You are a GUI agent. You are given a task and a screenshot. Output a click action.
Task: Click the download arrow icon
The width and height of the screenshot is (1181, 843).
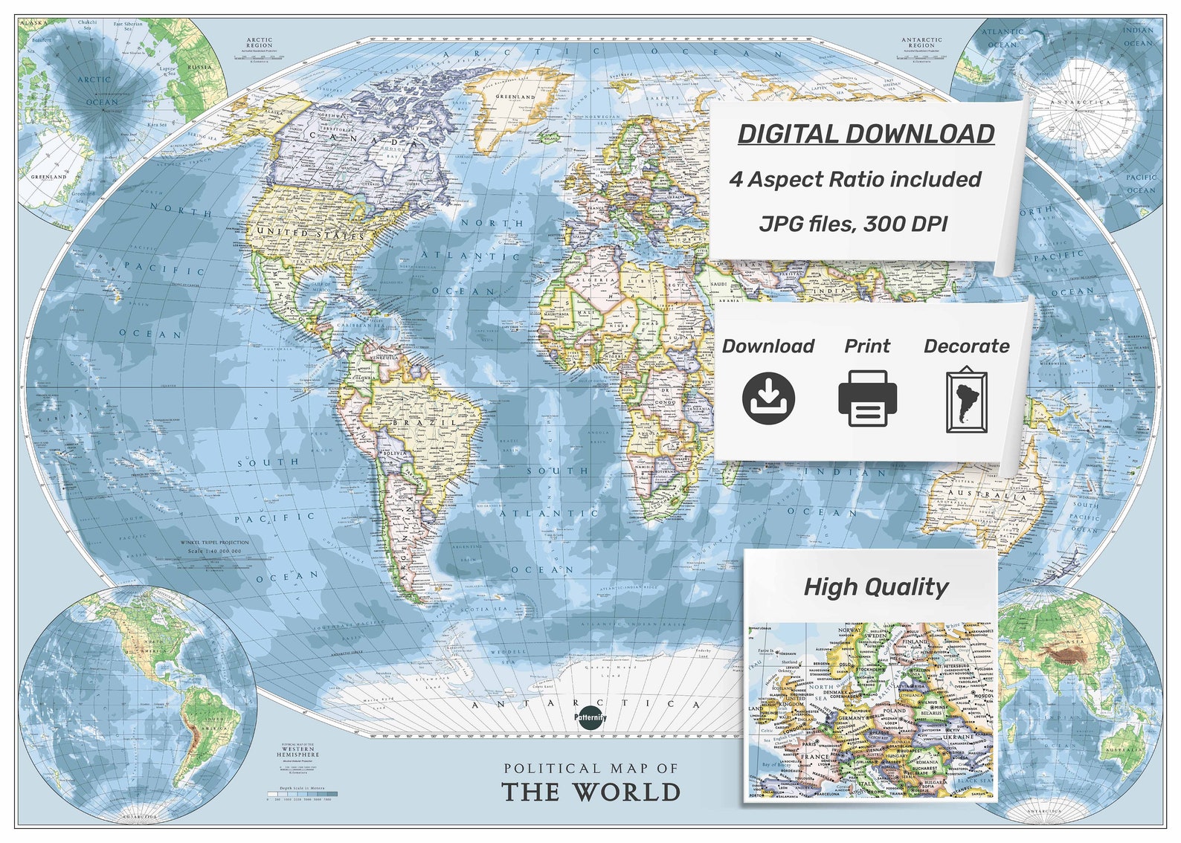(x=768, y=398)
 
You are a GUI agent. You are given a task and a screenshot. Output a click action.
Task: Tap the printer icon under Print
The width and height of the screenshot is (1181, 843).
(x=867, y=398)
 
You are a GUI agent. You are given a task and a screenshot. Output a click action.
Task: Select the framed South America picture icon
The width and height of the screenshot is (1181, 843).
(x=966, y=400)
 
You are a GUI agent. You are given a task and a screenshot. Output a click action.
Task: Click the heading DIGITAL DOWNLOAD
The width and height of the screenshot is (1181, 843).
(x=866, y=134)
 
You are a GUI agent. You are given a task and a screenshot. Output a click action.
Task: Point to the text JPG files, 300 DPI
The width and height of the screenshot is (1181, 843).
(x=853, y=223)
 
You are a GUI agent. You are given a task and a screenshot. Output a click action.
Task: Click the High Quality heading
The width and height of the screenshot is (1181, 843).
(x=875, y=587)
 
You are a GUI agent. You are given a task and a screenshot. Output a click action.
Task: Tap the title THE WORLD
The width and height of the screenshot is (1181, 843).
(x=591, y=792)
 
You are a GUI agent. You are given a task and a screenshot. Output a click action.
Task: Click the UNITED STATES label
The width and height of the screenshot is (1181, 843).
(x=310, y=233)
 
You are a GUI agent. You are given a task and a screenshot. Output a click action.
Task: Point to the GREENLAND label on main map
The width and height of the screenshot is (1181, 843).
(x=515, y=97)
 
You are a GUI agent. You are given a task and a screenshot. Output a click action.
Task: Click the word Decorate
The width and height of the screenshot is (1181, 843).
(x=966, y=346)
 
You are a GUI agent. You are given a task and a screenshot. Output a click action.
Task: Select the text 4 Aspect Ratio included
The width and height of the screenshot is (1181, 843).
(x=855, y=179)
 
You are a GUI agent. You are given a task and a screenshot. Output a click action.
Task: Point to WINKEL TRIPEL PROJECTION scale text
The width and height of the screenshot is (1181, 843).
(x=214, y=543)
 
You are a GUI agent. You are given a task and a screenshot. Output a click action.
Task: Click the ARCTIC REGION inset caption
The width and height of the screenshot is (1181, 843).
(x=260, y=42)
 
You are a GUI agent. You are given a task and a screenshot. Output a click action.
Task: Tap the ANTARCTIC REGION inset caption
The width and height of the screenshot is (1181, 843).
(x=921, y=42)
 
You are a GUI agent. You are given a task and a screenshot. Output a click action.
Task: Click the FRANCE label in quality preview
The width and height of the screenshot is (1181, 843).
(x=814, y=757)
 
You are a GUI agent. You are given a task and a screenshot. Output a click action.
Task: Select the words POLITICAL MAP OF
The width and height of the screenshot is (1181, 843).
(x=591, y=768)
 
